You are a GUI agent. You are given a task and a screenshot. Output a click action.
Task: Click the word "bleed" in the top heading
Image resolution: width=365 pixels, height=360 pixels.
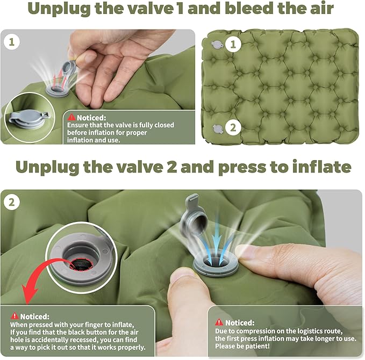click(249, 9)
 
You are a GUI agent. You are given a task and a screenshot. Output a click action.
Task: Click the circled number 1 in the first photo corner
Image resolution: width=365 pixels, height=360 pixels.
click(12, 42)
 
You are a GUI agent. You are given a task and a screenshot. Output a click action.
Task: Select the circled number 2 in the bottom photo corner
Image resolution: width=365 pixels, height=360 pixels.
click(12, 202)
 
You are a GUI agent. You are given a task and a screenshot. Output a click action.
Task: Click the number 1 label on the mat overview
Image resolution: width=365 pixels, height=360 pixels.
click(233, 44)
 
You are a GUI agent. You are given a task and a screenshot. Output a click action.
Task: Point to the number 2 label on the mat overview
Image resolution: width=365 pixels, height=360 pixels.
click(233, 127)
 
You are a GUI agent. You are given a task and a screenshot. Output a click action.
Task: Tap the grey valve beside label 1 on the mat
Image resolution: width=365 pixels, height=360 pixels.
click(217, 45)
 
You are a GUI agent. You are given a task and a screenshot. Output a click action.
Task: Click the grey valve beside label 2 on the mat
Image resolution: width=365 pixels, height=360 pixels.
click(218, 129)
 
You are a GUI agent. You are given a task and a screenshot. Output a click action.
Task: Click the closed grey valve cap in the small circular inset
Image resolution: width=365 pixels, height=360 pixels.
click(29, 118)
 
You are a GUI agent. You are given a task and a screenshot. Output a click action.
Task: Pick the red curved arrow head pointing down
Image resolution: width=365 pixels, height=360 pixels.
click(29, 293)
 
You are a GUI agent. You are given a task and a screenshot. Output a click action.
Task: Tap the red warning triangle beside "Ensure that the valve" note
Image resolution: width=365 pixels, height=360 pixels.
click(71, 117)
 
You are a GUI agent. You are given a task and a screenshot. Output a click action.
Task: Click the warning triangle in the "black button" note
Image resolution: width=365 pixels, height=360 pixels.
click(15, 316)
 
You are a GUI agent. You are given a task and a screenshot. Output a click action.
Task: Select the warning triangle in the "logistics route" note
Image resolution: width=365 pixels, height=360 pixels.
click(219, 322)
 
